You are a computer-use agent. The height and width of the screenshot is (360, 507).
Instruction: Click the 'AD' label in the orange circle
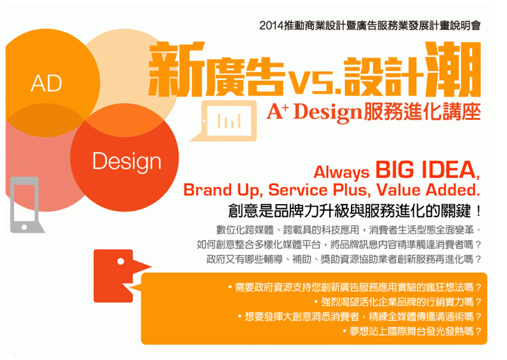[46, 84]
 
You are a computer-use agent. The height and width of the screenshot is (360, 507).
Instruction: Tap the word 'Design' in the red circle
[127, 161]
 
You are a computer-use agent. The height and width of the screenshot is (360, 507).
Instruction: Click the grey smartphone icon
[27, 205]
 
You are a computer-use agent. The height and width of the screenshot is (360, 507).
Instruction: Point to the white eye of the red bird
[121, 262]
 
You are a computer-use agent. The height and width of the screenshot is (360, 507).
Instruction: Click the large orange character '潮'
[452, 69]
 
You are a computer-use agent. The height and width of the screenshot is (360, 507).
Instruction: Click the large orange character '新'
[177, 69]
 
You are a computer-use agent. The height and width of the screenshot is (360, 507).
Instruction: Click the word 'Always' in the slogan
[342, 173]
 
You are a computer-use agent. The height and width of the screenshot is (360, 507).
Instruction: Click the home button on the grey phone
[24, 227]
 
